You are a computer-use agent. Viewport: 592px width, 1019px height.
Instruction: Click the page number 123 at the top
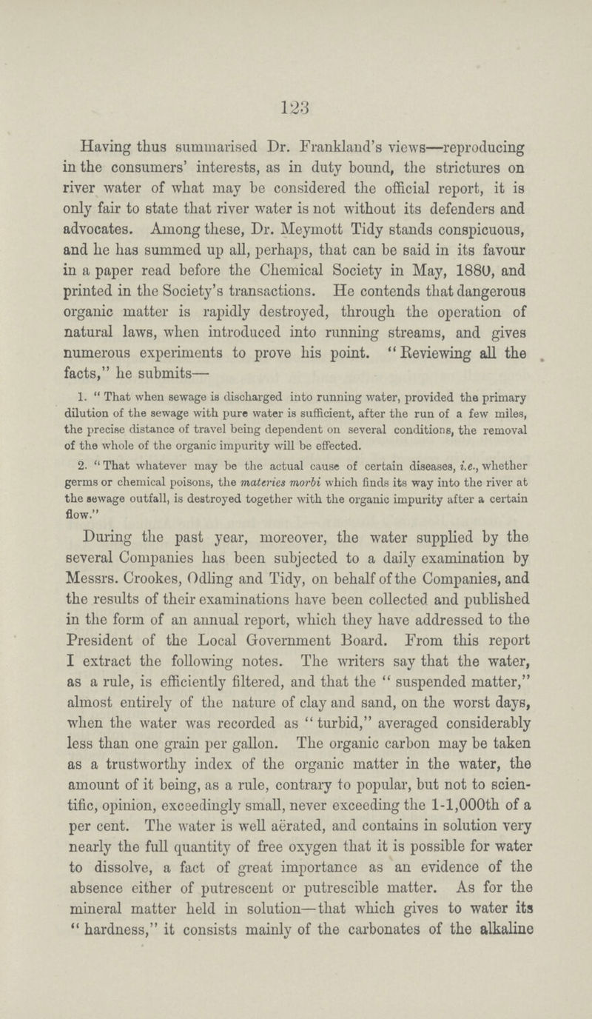pyautogui.click(x=296, y=85)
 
